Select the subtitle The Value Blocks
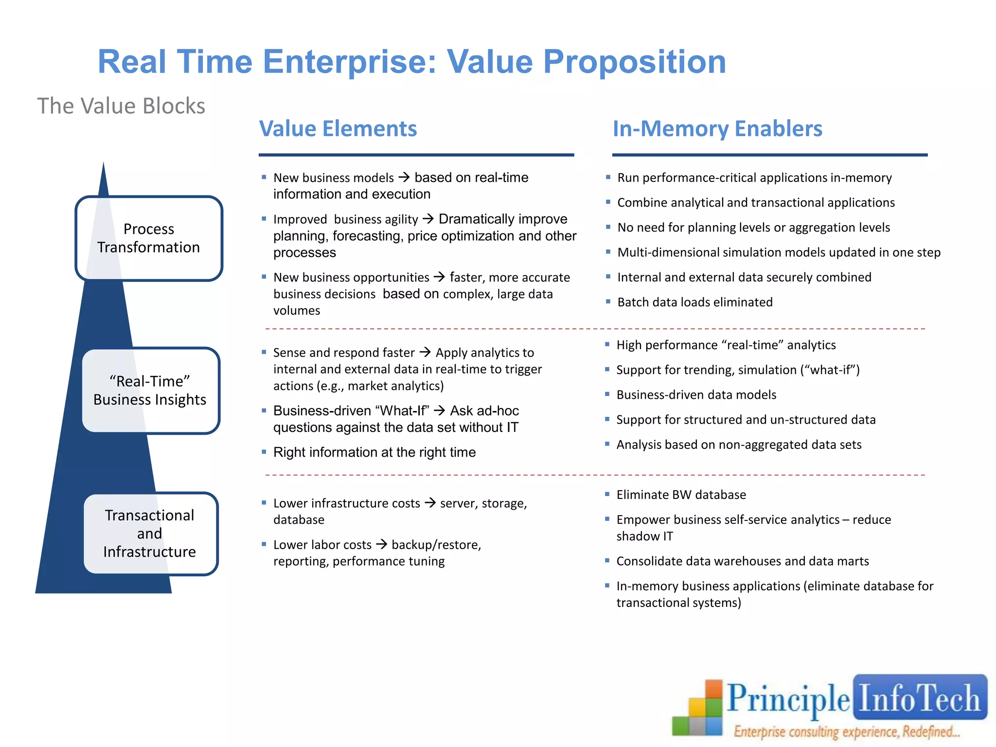click(121, 106)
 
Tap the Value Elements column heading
click(338, 129)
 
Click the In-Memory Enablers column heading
click(717, 129)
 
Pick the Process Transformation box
click(149, 238)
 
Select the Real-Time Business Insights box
click(150, 391)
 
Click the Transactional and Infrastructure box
click(150, 534)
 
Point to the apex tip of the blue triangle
click(103, 164)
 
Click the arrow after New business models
click(404, 178)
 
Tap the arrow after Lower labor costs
click(381, 544)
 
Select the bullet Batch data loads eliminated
click(694, 302)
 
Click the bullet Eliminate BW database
click(681, 495)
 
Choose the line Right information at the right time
click(374, 452)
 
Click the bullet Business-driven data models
click(696, 395)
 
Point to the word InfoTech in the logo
click(919, 698)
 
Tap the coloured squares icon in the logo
click(698, 710)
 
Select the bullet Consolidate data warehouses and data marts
click(742, 561)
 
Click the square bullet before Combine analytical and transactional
click(608, 202)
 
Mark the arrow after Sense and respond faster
click(425, 352)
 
